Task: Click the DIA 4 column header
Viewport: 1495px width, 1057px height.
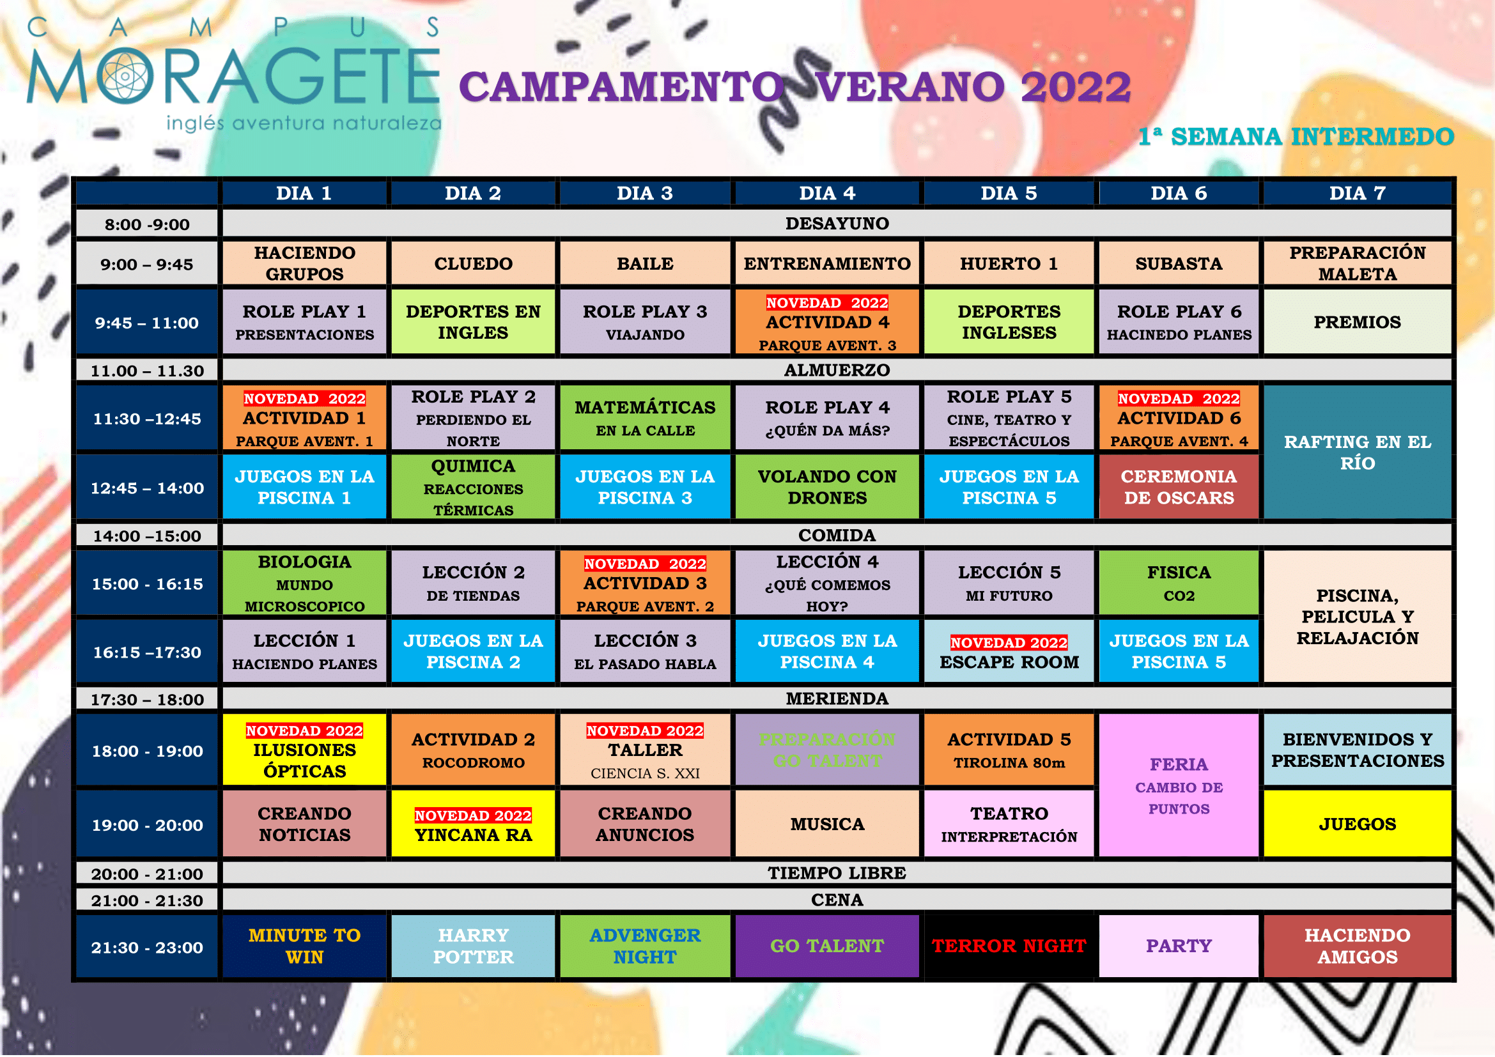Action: pyautogui.click(x=827, y=193)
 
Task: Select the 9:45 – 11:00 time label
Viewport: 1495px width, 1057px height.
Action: pyautogui.click(x=147, y=322)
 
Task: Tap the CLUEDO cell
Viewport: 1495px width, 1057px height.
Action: pyautogui.click(x=474, y=263)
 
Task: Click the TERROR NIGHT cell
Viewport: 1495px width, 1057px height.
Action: pyautogui.click(x=1009, y=946)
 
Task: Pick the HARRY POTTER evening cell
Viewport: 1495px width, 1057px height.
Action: pyautogui.click(x=474, y=946)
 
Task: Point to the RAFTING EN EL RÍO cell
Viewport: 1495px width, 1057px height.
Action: pyautogui.click(x=1358, y=452)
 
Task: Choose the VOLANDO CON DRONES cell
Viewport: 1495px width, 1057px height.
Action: pyautogui.click(x=827, y=487)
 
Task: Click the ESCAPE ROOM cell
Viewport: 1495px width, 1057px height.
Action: pyautogui.click(x=1009, y=651)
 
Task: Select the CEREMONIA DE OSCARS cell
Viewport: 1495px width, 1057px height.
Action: pyautogui.click(x=1179, y=487)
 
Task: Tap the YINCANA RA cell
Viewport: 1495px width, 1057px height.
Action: pyautogui.click(x=474, y=824)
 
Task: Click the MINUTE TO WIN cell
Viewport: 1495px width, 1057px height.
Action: pyautogui.click(x=304, y=946)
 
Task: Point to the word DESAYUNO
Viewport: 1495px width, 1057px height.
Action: pyautogui.click(x=837, y=223)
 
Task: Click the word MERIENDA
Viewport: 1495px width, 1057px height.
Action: pyautogui.click(x=837, y=698)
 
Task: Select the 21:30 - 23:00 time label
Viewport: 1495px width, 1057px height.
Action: pyautogui.click(x=147, y=947)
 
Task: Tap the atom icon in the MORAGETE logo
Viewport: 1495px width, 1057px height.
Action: pyautogui.click(x=125, y=75)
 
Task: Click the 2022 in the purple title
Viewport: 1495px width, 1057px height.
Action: pyautogui.click(x=1076, y=87)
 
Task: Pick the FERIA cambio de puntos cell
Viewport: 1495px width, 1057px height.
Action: pyautogui.click(x=1179, y=785)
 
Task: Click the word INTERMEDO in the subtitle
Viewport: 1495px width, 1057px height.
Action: pyautogui.click(x=1372, y=137)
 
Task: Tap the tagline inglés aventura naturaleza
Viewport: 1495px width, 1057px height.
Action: pyautogui.click(x=304, y=122)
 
